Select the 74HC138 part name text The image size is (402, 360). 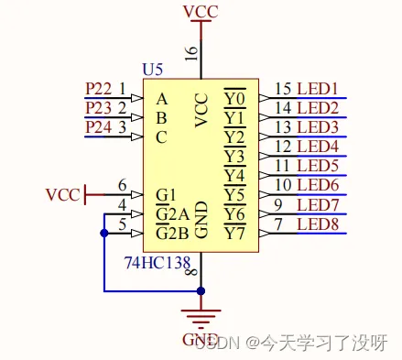point(157,262)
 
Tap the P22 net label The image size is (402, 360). point(98,88)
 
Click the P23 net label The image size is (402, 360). point(98,107)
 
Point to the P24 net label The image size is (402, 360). point(98,127)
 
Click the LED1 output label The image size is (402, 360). point(318,88)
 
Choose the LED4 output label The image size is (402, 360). point(318,147)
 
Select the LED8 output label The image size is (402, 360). point(318,224)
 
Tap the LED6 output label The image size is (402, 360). point(318,185)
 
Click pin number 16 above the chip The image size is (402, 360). point(191,51)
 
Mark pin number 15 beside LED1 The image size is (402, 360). point(283,88)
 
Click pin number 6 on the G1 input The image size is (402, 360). point(122,185)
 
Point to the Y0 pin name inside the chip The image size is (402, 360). point(234,98)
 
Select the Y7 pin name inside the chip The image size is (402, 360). point(234,234)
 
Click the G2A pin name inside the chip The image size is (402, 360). point(172,214)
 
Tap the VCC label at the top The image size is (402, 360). point(201,11)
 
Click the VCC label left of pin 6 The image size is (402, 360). point(63,195)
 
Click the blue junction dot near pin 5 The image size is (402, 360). point(103,234)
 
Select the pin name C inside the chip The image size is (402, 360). point(162,137)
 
